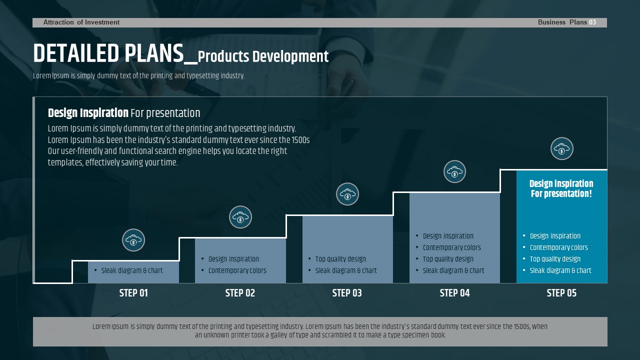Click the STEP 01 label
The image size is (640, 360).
(133, 293)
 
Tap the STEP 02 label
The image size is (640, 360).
(240, 293)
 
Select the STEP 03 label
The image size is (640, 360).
(347, 293)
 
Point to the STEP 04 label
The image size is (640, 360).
(454, 293)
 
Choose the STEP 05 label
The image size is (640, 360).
(561, 293)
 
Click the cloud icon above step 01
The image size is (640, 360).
(133, 240)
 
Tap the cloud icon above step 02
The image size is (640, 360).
(240, 217)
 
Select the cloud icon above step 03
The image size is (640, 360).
(347, 194)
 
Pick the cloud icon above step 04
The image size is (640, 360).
(454, 171)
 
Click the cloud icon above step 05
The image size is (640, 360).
(561, 148)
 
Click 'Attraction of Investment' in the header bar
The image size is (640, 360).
(81, 22)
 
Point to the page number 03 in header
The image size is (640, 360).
(592, 22)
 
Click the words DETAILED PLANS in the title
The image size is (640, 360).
(108, 53)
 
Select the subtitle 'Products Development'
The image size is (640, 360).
(263, 56)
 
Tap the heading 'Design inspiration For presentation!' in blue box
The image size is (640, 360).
(561, 188)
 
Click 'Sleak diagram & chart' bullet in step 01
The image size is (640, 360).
(132, 270)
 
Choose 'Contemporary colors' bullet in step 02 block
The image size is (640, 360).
(237, 270)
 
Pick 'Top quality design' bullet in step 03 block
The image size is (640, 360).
(340, 259)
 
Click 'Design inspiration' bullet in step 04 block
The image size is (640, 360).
(448, 236)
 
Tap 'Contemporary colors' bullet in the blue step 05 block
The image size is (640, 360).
(559, 247)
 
